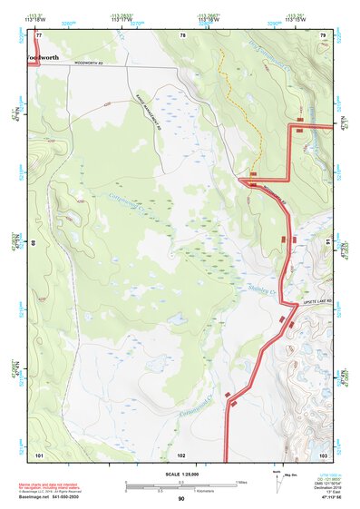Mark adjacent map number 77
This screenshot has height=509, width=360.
click(38, 34)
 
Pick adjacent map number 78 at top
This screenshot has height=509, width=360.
click(182, 34)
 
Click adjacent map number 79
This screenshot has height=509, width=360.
click(323, 34)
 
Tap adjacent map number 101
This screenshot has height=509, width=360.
click(39, 454)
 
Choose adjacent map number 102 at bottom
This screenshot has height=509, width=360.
click(181, 454)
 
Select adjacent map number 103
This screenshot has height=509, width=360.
click(323, 454)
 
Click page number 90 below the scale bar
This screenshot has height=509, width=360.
click(181, 499)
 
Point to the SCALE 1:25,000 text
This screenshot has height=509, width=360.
click(181, 475)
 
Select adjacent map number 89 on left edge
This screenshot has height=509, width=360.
click(33, 243)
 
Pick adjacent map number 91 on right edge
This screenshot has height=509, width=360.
click(327, 243)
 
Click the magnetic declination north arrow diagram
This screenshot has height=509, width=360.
click(277, 480)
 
